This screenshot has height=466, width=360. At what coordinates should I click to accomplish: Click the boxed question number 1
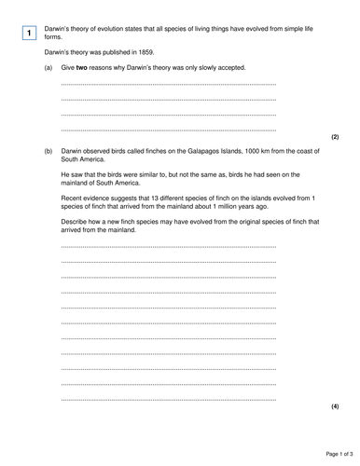coord(29,34)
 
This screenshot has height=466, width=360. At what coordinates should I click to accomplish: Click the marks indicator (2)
coord(335,137)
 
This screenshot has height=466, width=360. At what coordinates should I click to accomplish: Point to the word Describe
coord(74,221)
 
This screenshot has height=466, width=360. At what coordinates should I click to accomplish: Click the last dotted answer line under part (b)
coord(168,400)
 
